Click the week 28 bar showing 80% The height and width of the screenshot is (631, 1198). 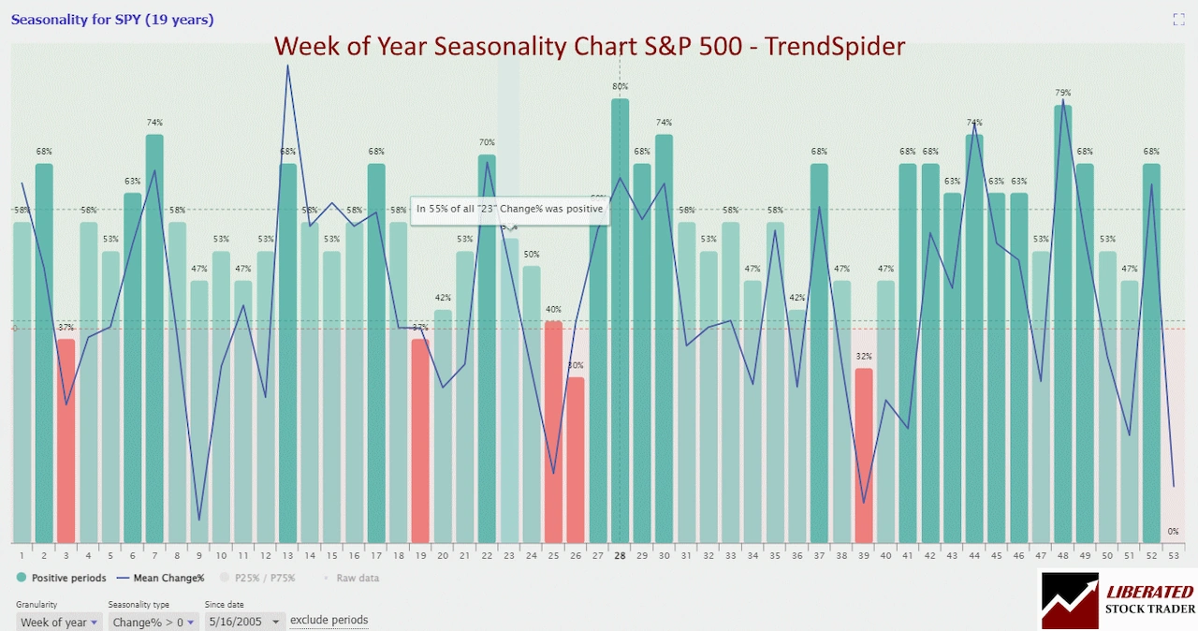(620, 318)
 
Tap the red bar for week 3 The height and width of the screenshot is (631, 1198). (66, 440)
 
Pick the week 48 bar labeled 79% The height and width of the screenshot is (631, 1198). (1063, 323)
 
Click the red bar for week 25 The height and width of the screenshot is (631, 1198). (553, 431)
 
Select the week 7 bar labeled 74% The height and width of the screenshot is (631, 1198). (154, 337)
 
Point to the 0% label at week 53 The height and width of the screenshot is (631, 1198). (1173, 532)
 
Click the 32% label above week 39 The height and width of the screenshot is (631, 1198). (864, 357)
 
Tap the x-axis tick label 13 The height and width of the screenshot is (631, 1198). (287, 555)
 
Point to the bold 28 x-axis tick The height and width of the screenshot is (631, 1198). (620, 555)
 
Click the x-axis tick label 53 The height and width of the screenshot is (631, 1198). (1173, 555)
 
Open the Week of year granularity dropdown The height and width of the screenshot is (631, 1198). (58, 622)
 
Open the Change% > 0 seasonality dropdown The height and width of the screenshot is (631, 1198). (153, 622)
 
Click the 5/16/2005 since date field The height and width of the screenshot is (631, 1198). (243, 622)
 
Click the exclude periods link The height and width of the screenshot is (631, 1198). (329, 620)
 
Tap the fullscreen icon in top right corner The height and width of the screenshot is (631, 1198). (1178, 20)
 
